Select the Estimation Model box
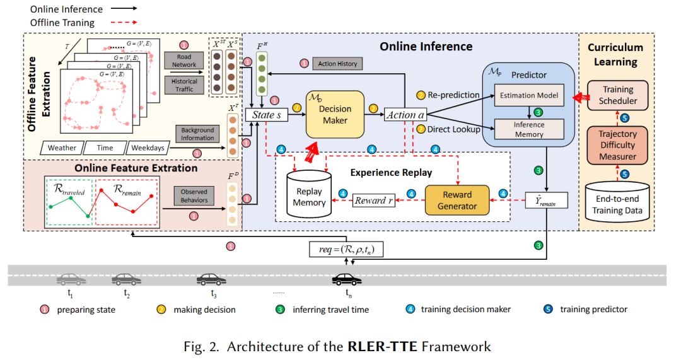click(x=528, y=95)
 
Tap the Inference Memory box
click(x=528, y=129)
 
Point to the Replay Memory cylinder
click(x=309, y=195)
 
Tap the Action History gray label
click(x=337, y=64)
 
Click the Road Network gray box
click(x=184, y=60)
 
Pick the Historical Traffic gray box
click(x=184, y=85)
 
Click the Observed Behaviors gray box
click(x=194, y=196)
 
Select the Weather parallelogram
click(x=62, y=148)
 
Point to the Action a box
click(x=405, y=115)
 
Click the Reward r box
click(x=374, y=200)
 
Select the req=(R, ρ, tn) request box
click(x=346, y=249)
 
